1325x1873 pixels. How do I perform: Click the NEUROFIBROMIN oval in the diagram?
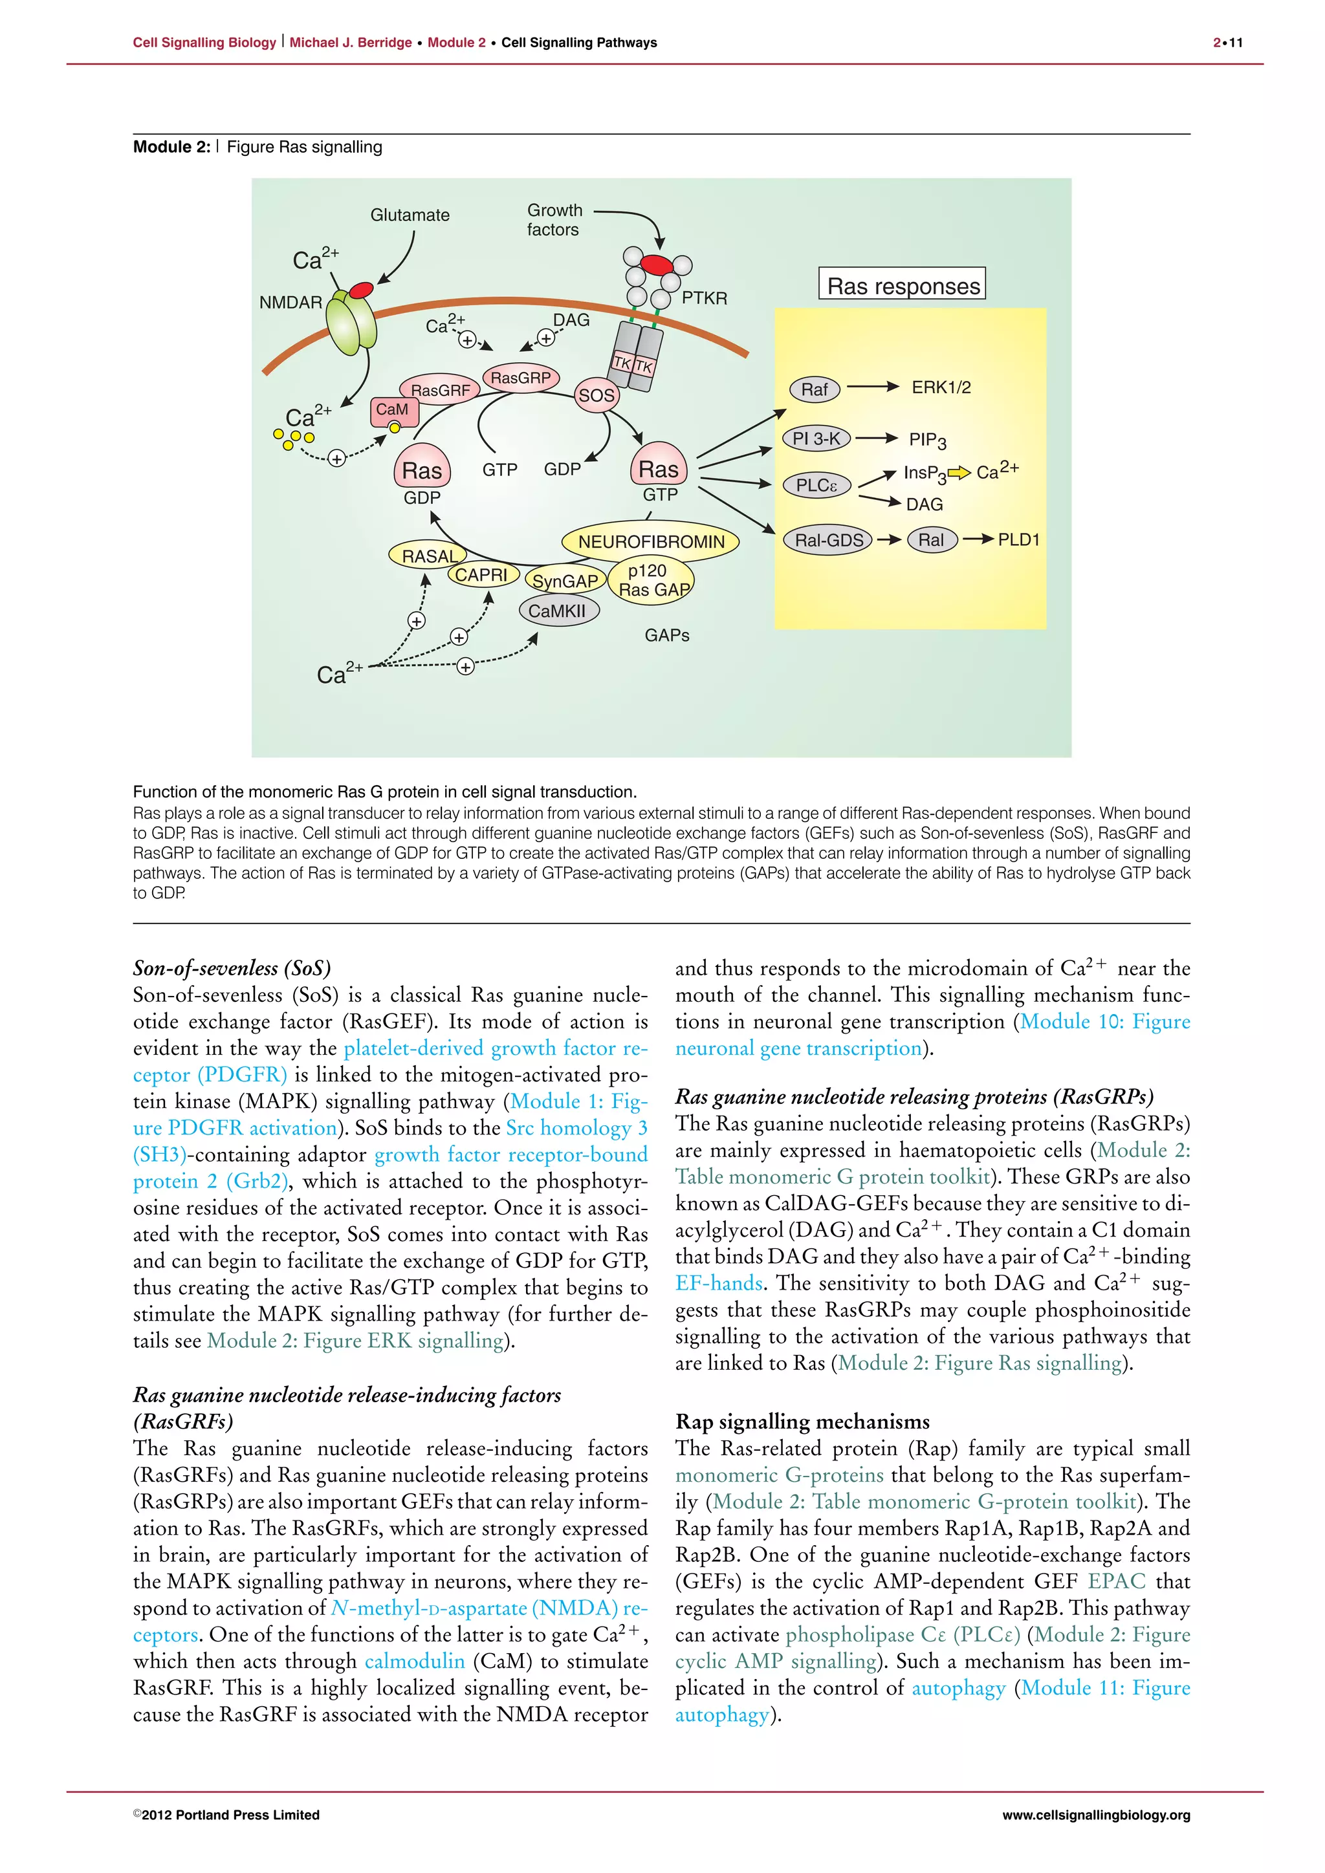point(650,542)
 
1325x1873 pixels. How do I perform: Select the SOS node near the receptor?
point(597,396)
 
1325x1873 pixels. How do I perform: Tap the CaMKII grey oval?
point(558,611)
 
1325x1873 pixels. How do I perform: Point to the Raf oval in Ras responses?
point(815,389)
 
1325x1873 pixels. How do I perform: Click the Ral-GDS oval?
point(828,540)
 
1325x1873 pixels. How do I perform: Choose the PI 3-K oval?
point(816,439)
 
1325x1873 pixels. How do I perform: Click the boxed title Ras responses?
point(903,285)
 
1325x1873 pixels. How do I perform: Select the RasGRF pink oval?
point(440,390)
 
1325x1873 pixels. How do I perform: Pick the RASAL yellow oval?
point(429,556)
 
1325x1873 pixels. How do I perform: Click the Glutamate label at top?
point(410,215)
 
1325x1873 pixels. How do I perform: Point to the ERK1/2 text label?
point(941,387)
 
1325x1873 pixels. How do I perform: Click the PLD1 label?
point(1018,540)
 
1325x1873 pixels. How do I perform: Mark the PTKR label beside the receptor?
point(704,299)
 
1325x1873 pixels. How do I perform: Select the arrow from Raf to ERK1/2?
point(872,387)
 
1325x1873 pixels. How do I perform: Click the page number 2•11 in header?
point(1227,43)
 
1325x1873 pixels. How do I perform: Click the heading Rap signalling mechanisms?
point(802,1421)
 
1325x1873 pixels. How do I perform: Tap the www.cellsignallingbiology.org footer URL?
point(1096,1814)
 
